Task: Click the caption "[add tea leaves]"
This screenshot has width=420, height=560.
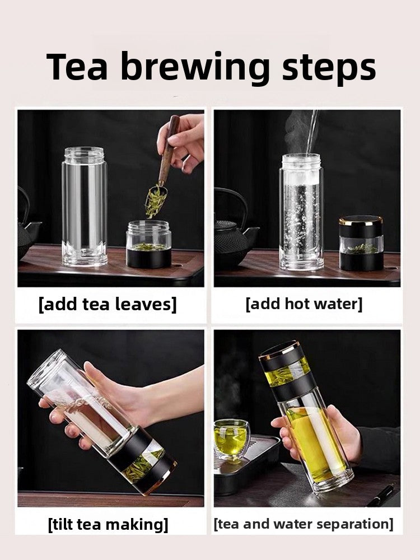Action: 108,305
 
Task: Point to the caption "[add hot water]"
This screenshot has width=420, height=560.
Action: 304,305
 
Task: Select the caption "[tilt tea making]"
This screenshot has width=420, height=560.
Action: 108,524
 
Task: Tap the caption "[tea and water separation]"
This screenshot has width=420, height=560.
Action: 303,524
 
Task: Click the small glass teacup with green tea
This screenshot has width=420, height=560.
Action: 231,440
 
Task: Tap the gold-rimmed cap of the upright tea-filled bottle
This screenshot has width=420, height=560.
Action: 279,352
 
